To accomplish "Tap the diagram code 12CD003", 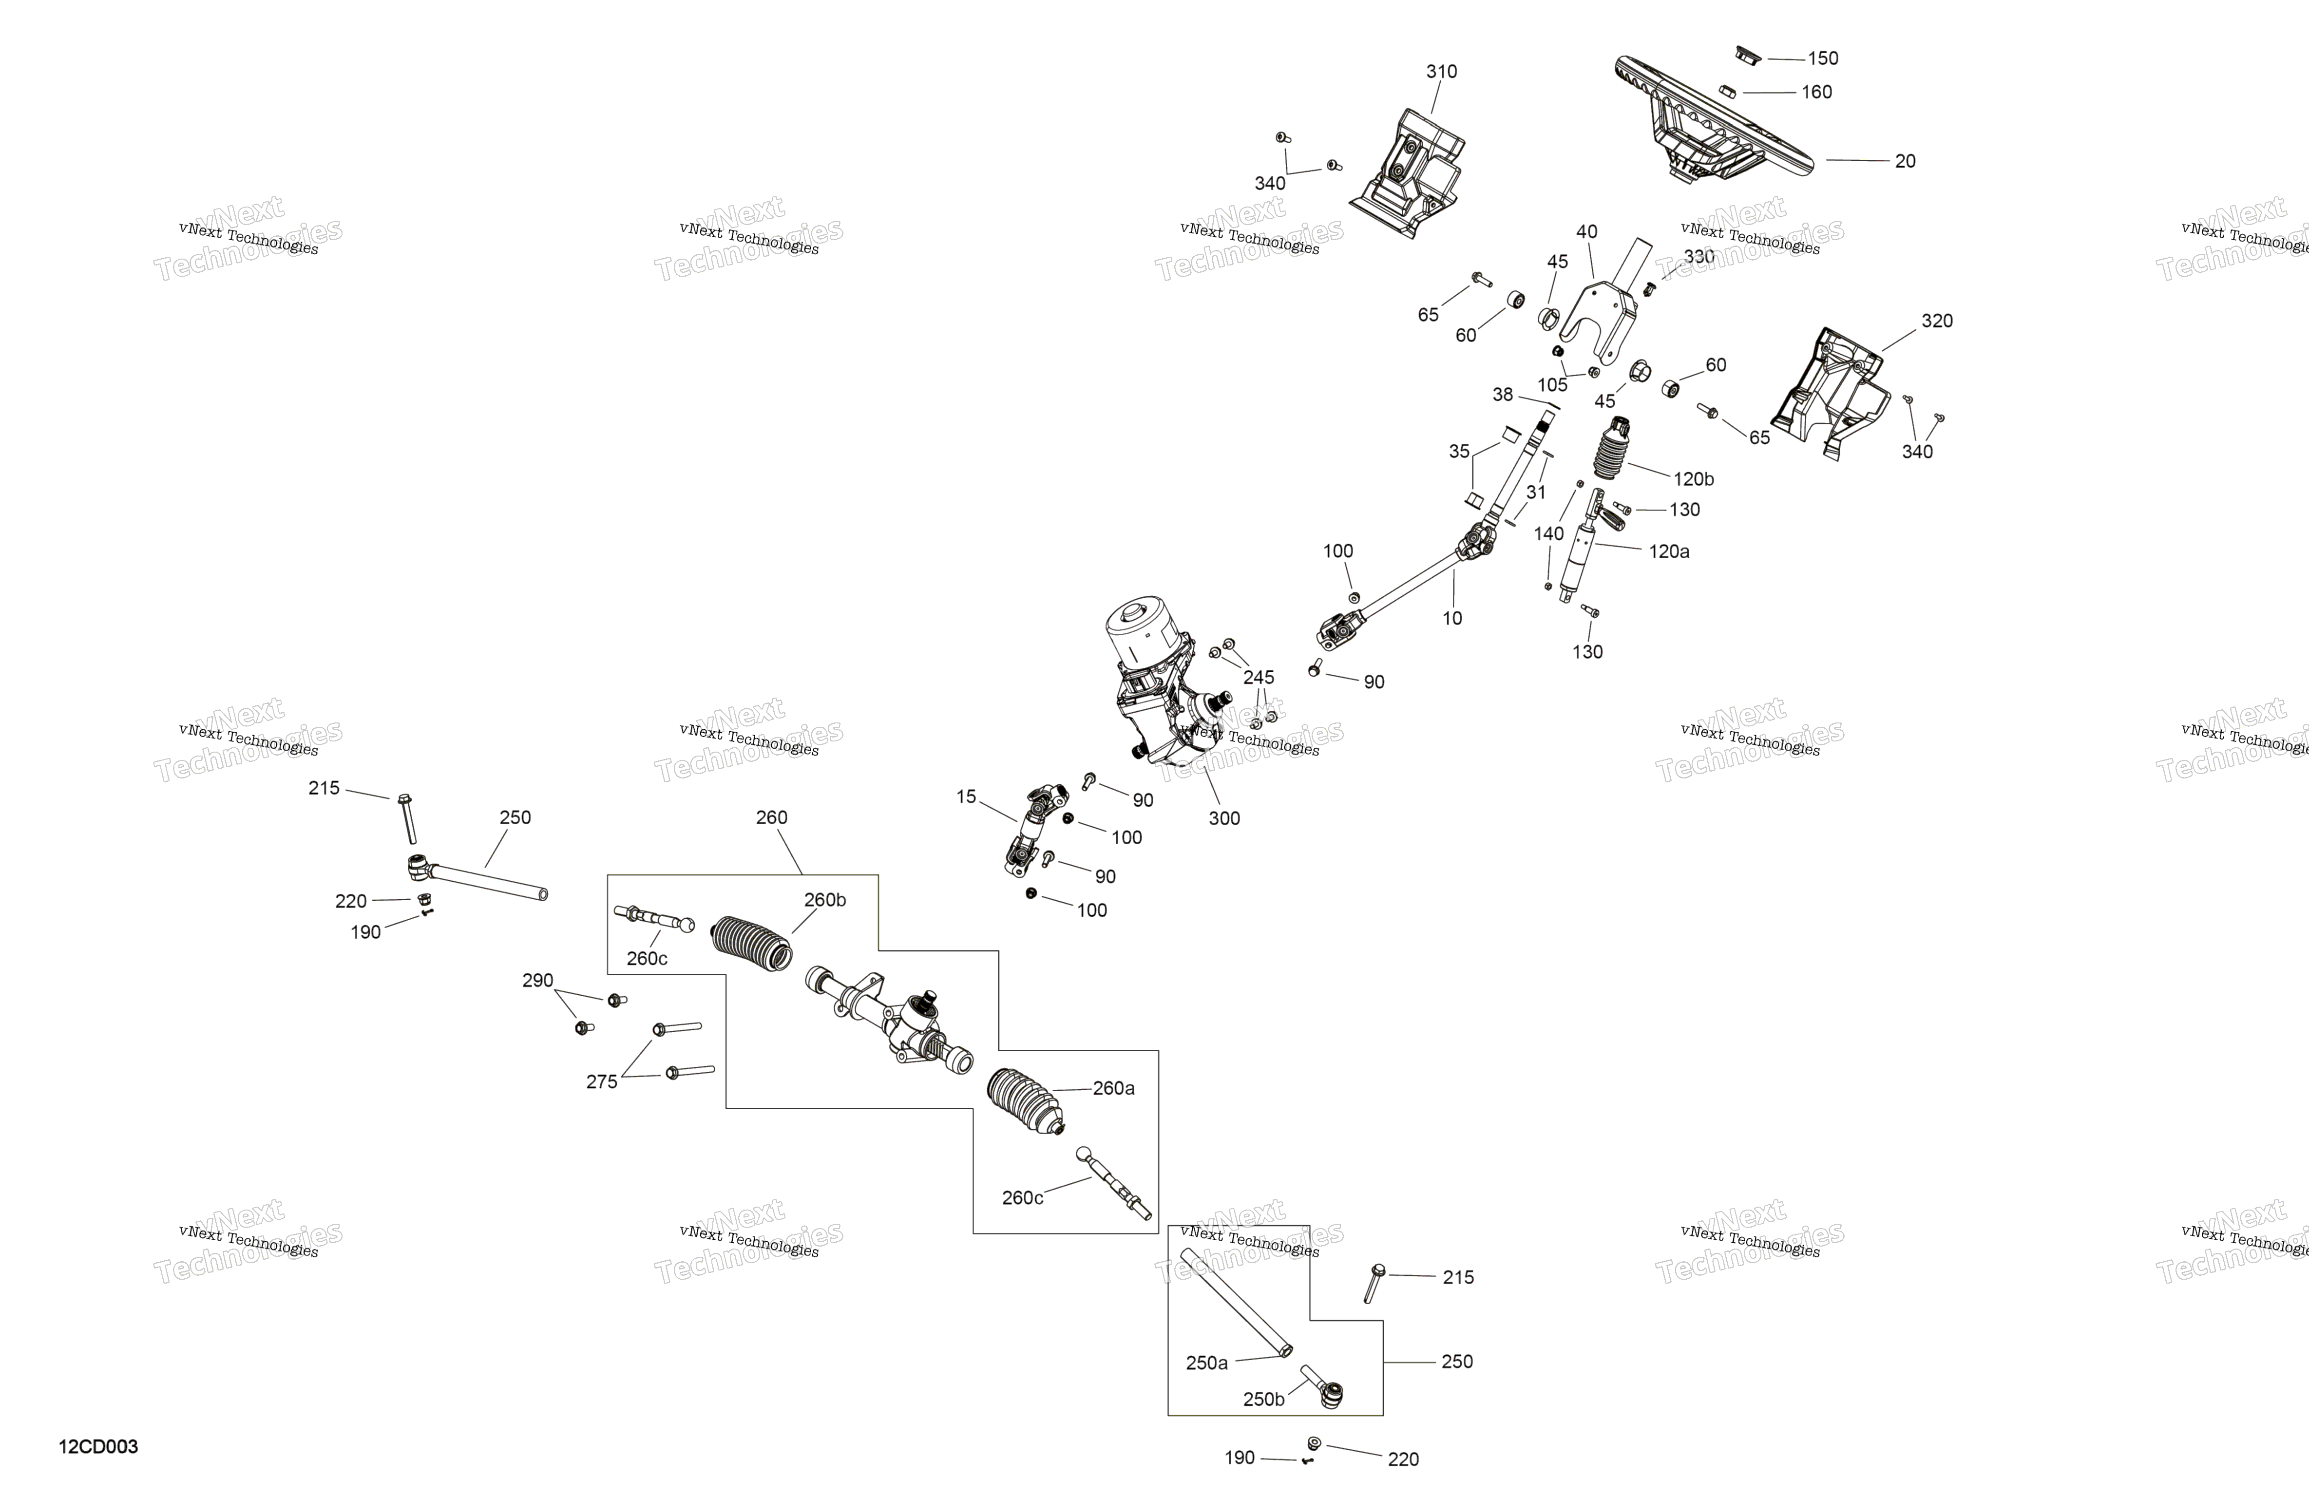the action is (98, 1446).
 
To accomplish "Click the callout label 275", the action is (602, 1082).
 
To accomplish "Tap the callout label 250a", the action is (1207, 1363).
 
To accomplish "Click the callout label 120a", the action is (1669, 551).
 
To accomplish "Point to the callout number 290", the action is (537, 981).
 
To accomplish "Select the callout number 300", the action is (1224, 819).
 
